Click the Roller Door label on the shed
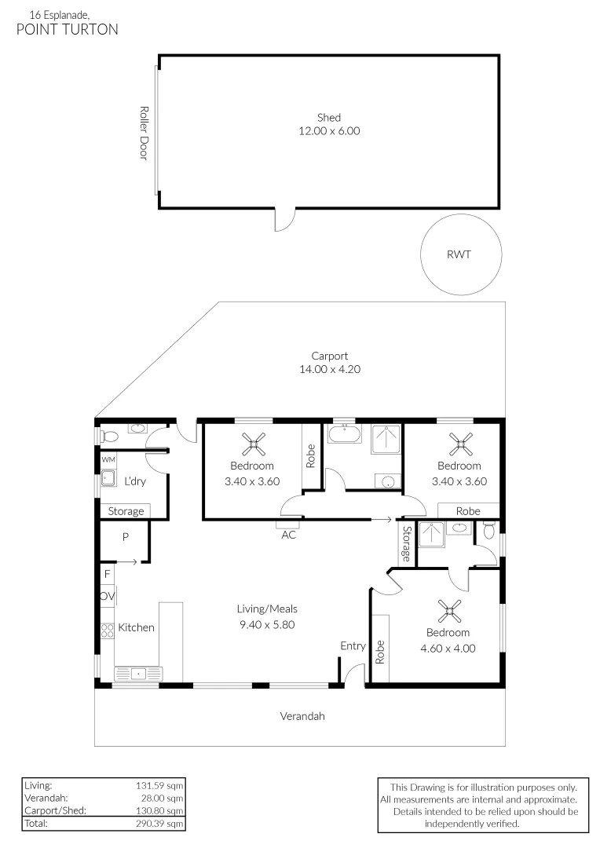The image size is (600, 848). (143, 133)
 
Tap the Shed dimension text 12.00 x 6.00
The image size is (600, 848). (328, 131)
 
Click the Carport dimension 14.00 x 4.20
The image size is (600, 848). (329, 369)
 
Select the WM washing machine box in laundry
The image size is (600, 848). (108, 459)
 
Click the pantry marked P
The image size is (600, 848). (124, 538)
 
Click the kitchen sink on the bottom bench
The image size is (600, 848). (137, 673)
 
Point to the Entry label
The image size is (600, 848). (353, 645)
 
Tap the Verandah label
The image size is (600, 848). (302, 716)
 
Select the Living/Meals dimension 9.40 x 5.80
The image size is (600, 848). (267, 625)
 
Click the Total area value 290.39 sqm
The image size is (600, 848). (161, 824)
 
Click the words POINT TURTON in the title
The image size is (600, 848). (68, 30)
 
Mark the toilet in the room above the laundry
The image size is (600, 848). (109, 435)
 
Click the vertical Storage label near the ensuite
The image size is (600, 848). (406, 543)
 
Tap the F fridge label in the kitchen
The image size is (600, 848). (107, 574)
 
